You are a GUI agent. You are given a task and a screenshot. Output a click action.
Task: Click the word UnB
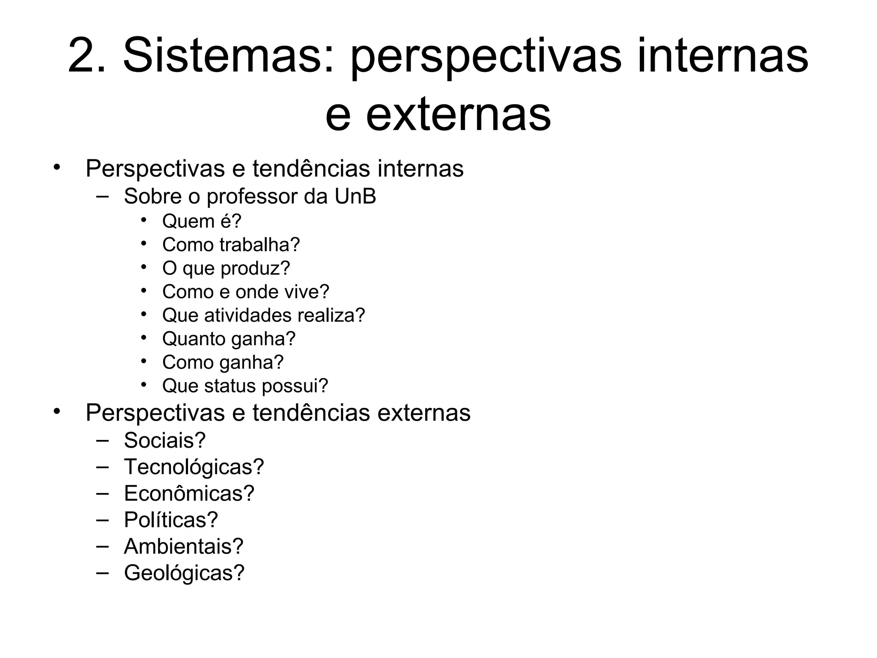click(x=355, y=197)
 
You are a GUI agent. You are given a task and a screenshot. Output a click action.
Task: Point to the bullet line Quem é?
click(x=202, y=221)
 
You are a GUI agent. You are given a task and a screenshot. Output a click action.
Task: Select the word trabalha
click(x=260, y=245)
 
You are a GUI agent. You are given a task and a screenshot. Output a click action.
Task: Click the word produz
click(x=255, y=269)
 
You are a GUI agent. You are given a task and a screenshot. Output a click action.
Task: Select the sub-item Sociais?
click(x=165, y=440)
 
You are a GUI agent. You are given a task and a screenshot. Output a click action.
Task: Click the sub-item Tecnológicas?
click(x=194, y=467)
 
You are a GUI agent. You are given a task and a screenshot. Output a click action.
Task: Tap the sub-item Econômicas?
click(x=189, y=493)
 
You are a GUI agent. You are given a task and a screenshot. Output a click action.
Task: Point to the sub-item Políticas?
click(x=171, y=520)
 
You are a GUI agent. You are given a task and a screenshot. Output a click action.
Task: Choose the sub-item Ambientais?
click(x=184, y=547)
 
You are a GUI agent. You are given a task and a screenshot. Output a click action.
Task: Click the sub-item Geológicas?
click(x=184, y=573)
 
